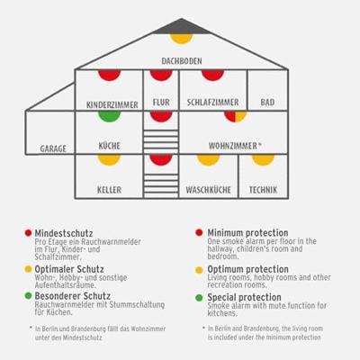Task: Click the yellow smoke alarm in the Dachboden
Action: pos(181,38)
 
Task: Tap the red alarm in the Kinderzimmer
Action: pos(110,75)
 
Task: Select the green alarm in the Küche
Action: pos(110,116)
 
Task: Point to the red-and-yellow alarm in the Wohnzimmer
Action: pos(236,116)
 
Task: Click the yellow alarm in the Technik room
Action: pos(263,159)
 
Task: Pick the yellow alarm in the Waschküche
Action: pos(209,159)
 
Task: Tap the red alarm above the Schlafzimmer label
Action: pos(213,75)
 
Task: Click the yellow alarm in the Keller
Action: pos(109,159)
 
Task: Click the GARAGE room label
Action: pos(53,148)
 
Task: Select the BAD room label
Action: pos(267,103)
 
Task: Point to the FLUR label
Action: pos(161,103)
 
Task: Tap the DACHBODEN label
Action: pos(182,61)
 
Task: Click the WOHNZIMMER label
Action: pos(233,146)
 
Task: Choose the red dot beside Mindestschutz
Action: pos(28,233)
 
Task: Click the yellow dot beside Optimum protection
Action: pos(199,270)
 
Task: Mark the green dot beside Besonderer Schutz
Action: pos(28,296)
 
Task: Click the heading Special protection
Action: pos(245,297)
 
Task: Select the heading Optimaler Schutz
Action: pos(69,269)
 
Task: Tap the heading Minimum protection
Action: pos(247,232)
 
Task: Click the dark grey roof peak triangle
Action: pos(181,26)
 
